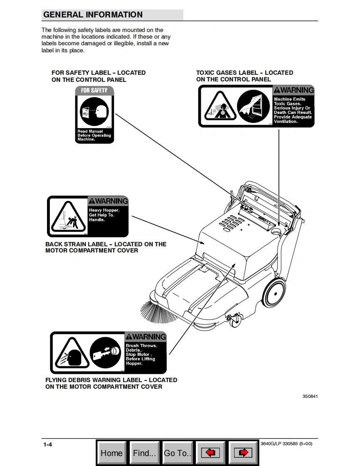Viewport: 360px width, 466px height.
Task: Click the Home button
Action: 112,453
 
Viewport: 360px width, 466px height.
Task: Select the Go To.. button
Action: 178,453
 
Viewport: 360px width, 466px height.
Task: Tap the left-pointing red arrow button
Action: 210,453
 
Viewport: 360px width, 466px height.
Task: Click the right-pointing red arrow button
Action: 243,453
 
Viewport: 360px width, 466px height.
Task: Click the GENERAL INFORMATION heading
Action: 93,15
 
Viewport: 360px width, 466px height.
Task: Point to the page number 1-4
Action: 47,445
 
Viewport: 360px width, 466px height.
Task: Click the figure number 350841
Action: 310,396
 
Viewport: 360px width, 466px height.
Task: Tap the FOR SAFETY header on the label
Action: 94,91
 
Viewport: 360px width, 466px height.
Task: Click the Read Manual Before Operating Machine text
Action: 94,135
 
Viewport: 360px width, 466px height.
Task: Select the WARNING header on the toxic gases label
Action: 293,90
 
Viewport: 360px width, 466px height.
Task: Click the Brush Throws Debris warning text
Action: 141,354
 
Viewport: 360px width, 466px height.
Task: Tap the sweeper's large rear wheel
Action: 274,292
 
